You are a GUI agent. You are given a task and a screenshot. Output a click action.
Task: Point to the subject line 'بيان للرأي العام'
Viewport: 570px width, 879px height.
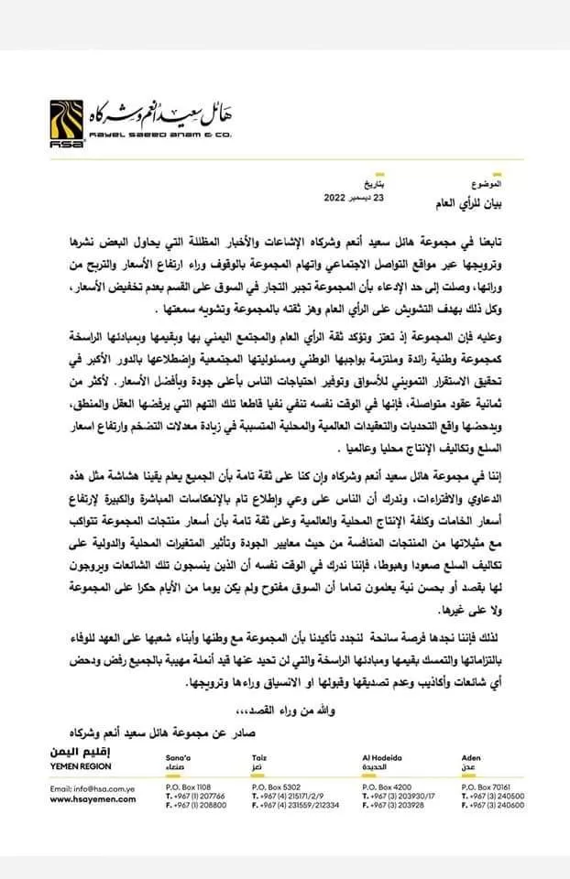click(494, 199)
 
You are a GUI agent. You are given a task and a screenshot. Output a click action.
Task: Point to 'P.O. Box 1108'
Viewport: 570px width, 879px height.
click(189, 787)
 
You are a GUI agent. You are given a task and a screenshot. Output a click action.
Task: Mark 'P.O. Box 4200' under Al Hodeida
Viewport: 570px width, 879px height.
click(388, 787)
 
